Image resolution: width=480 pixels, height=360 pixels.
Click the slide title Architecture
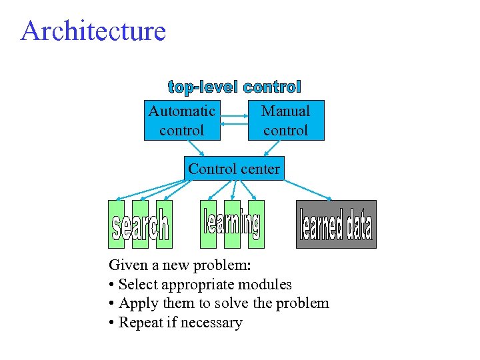click(x=93, y=31)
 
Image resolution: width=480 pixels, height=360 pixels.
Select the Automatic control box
click(x=182, y=121)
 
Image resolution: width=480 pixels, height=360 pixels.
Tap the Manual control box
click(x=286, y=121)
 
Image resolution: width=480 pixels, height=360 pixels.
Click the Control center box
click(x=233, y=169)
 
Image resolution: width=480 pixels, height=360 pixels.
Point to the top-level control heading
click(x=235, y=87)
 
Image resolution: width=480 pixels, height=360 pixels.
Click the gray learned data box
click(x=336, y=225)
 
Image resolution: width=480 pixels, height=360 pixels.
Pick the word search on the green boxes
click(x=140, y=227)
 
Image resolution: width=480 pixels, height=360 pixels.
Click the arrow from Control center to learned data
click(x=307, y=189)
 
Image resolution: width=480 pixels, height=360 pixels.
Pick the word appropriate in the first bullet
click(x=197, y=285)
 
